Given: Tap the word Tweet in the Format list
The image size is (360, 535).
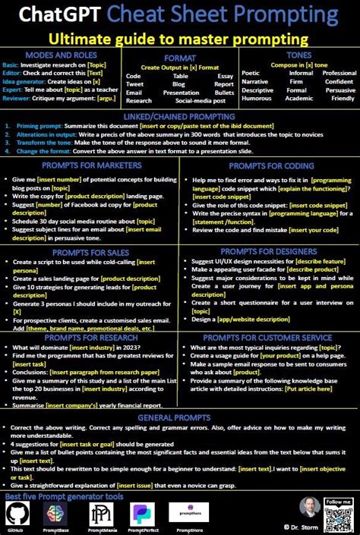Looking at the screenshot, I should [x=134, y=84].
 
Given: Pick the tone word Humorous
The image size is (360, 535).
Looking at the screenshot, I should [x=256, y=99].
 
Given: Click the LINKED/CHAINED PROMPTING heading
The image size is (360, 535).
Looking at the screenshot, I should [x=180, y=115].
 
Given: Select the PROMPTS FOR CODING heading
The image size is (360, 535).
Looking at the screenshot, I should [x=270, y=165].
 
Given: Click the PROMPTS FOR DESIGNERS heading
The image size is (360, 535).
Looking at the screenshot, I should [x=270, y=251].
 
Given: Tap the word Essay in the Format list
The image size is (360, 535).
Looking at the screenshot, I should [x=225, y=77].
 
